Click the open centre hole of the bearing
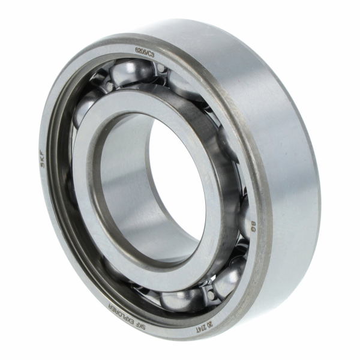click(x=153, y=180)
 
